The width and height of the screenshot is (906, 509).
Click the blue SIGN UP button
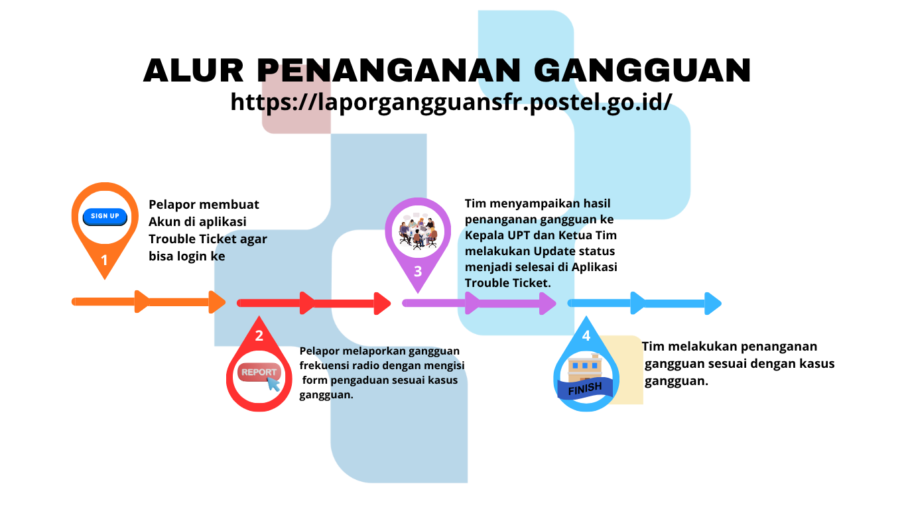point(105,216)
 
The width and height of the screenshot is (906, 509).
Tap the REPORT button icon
point(258,372)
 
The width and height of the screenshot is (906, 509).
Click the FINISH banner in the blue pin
point(584,388)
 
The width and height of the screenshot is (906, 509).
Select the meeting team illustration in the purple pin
point(419,231)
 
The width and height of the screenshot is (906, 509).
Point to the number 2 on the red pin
point(259,336)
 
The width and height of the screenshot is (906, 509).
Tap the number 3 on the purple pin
point(418,271)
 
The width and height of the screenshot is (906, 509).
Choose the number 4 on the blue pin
point(586,336)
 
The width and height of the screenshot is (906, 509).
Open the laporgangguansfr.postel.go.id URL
point(452,102)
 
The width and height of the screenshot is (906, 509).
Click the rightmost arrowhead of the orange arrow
point(218,302)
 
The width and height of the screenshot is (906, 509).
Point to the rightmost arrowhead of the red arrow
point(383,303)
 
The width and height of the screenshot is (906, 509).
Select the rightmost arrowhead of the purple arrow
point(548,304)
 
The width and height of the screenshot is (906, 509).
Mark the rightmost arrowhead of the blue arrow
point(713,304)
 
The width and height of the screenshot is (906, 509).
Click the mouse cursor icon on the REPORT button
point(273,383)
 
